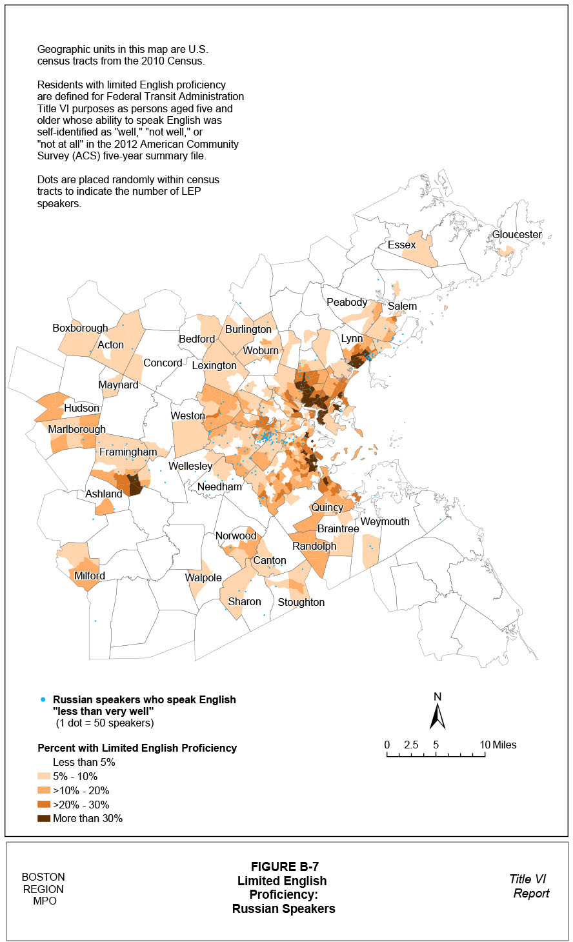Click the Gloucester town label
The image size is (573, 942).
[x=517, y=235]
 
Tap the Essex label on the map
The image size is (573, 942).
[x=401, y=245]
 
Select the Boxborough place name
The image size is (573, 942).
[x=80, y=328]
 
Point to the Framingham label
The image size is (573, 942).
[x=128, y=452]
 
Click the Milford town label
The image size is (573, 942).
[x=90, y=576]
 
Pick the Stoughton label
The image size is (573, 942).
[x=301, y=602]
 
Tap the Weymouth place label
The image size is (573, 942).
[x=385, y=521]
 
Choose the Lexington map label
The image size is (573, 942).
[x=214, y=366]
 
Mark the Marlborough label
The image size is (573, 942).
[x=77, y=430]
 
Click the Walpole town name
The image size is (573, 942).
[x=203, y=578]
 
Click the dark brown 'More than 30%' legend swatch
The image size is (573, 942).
[x=44, y=819]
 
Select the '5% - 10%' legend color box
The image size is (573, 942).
[x=44, y=777]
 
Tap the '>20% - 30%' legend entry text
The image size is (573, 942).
[x=81, y=805]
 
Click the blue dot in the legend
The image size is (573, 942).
[x=43, y=699]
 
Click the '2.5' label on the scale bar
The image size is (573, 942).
[x=411, y=745]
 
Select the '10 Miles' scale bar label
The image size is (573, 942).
[x=498, y=745]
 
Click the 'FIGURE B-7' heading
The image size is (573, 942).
[x=285, y=867]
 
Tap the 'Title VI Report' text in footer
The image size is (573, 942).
[x=529, y=886]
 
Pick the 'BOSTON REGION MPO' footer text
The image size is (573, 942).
[x=43, y=889]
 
